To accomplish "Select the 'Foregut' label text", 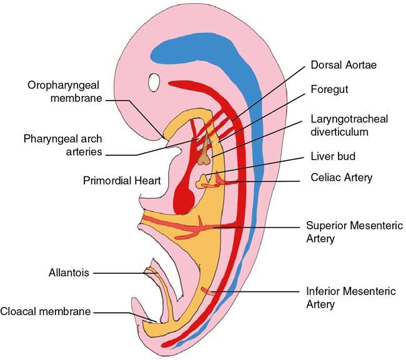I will [x=329, y=89].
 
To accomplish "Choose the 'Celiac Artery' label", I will [x=341, y=178].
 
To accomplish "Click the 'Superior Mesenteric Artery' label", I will [x=354, y=231].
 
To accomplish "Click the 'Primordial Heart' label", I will [x=122, y=181].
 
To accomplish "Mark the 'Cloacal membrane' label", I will [x=46, y=311].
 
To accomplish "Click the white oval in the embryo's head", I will [x=155, y=82].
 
